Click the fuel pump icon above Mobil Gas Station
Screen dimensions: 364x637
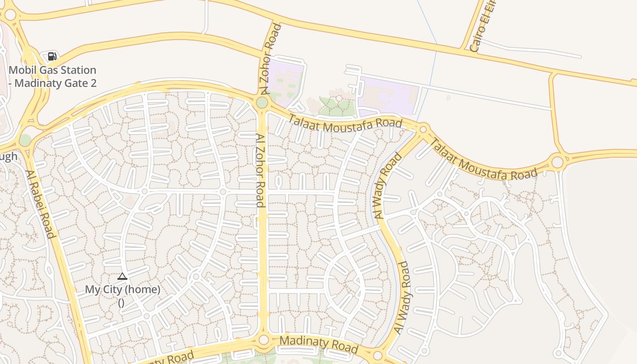[52, 56]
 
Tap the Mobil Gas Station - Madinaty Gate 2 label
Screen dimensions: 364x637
[53, 76]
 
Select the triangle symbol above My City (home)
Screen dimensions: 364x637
[122, 276]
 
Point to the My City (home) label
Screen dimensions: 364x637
[122, 289]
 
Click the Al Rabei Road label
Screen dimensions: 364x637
[40, 204]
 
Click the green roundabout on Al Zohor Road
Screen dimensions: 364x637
[262, 102]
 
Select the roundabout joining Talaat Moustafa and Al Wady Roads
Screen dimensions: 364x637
[423, 130]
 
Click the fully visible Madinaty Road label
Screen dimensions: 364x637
[318, 344]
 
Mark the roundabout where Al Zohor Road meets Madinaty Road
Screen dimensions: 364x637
[263, 340]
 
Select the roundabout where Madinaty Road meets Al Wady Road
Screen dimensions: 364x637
[378, 355]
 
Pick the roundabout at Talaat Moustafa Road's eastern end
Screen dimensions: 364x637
[558, 162]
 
